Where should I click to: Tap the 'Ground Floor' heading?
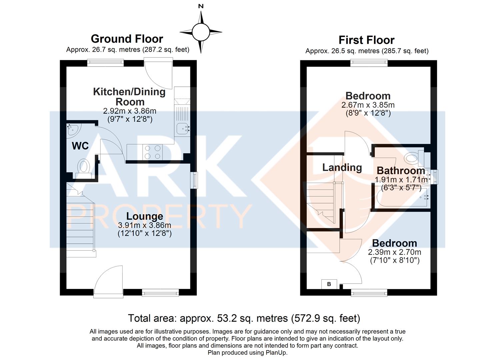[127, 39]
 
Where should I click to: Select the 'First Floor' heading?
[366, 40]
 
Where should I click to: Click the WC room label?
[80, 146]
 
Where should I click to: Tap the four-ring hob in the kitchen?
[152, 152]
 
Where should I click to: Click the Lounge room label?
[145, 216]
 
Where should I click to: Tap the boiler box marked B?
[329, 284]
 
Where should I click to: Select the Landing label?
[342, 167]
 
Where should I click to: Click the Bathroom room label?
[401, 171]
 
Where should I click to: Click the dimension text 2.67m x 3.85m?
[368, 105]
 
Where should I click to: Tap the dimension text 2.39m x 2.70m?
[394, 252]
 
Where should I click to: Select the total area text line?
[244, 318]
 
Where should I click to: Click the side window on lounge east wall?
[194, 180]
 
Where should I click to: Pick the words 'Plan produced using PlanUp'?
[247, 353]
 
